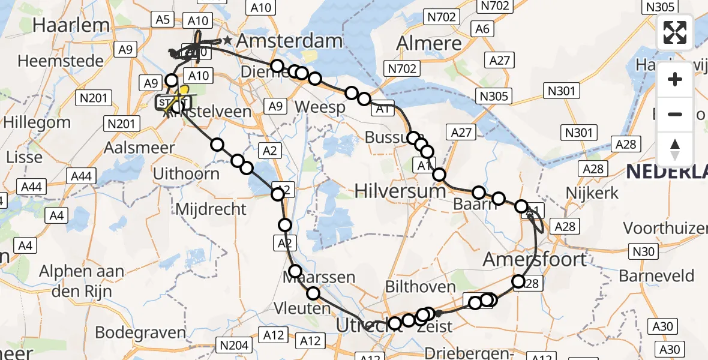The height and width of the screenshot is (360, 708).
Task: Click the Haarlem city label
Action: [x=71, y=25]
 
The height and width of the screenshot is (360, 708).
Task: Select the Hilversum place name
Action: [x=400, y=191]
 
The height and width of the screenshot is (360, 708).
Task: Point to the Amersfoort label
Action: [x=535, y=259]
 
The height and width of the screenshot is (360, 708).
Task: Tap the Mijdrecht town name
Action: [x=211, y=209]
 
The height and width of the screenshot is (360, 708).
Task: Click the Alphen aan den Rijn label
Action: [x=82, y=279]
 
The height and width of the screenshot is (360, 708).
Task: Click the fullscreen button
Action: [x=675, y=32]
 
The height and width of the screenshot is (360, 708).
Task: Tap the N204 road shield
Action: [x=234, y=346]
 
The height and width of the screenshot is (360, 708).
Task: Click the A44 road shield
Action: [x=81, y=176]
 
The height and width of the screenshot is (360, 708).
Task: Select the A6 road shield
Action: [x=482, y=29]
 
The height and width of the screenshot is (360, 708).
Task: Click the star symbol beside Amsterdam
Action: [x=227, y=41]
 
